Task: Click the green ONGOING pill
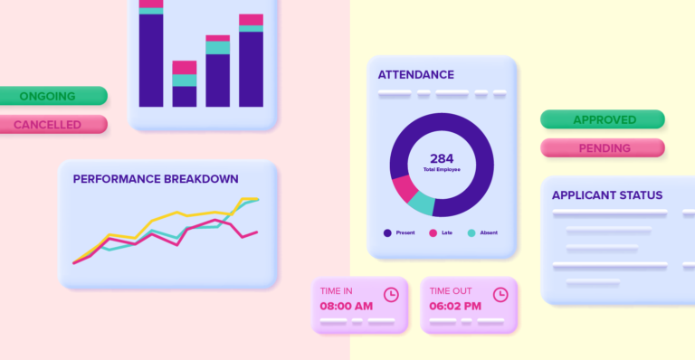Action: tap(52, 96)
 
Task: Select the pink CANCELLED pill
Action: tap(52, 125)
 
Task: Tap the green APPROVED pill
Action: tap(604, 119)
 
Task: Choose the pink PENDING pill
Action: tap(604, 147)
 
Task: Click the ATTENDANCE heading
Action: tap(415, 74)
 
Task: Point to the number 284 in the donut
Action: tap(442, 158)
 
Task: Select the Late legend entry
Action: tap(440, 232)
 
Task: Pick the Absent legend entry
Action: tap(481, 232)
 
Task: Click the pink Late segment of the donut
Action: tap(404, 188)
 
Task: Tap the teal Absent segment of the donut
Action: tap(421, 204)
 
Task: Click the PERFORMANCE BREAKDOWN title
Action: tap(156, 179)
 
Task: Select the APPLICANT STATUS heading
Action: tap(606, 194)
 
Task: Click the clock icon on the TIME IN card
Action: tap(391, 294)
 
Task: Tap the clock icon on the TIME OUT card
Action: tap(500, 294)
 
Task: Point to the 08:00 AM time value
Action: tap(346, 307)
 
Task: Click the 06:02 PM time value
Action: tap(455, 307)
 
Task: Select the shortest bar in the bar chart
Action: tap(185, 86)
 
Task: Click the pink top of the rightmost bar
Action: tap(251, 19)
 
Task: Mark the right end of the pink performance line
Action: tap(257, 232)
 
